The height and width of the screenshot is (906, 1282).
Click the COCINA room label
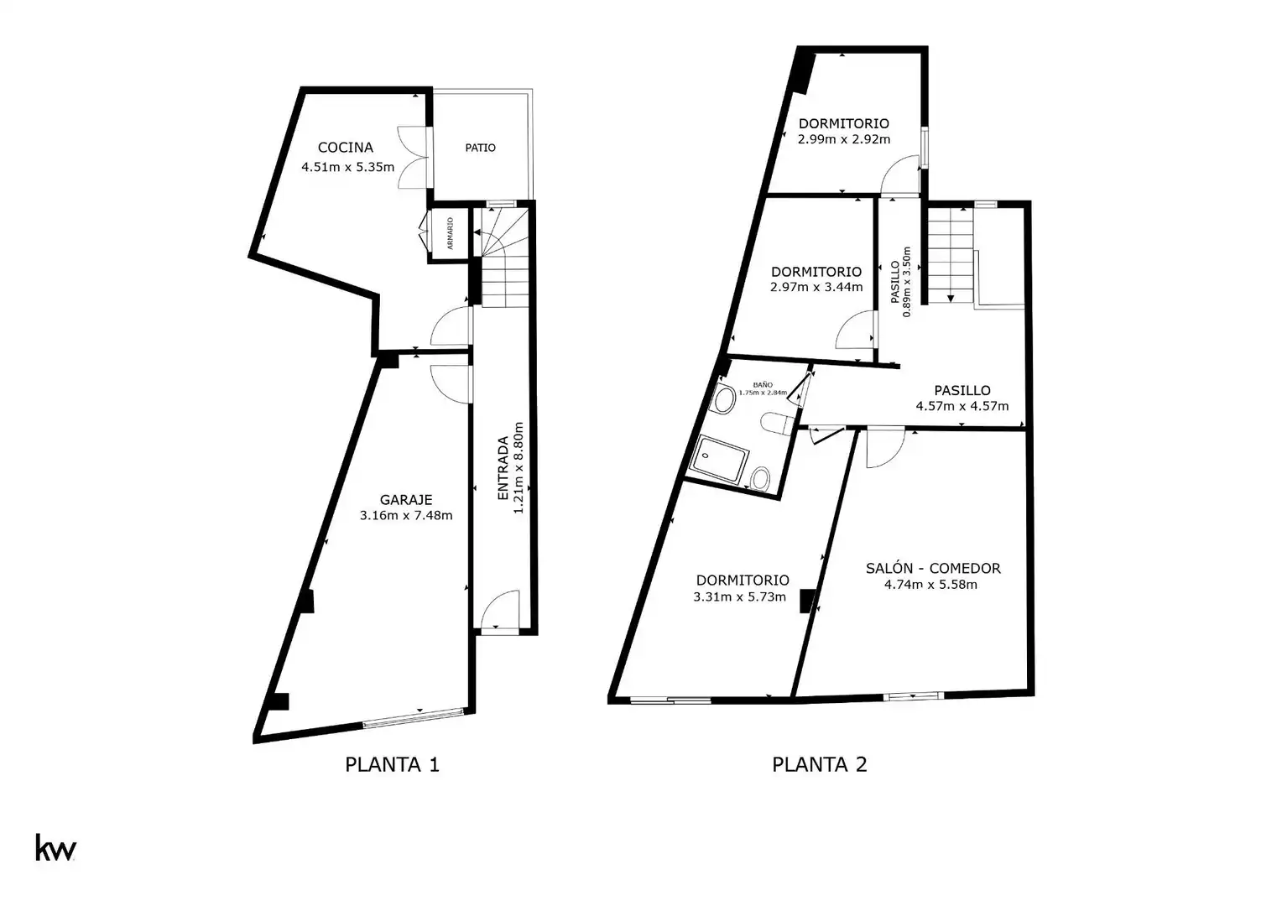[x=345, y=148]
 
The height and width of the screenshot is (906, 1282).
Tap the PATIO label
[x=480, y=148]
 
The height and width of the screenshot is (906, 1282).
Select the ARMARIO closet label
[x=450, y=233]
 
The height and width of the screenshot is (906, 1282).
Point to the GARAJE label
[x=406, y=500]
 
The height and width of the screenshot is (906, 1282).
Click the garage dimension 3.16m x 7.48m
[x=406, y=516]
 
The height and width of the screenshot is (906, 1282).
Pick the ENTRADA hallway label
[x=503, y=468]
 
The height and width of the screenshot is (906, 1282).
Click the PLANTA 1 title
[x=392, y=764]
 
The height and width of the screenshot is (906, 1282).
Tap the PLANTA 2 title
[x=820, y=764]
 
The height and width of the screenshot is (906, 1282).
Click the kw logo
[x=55, y=847]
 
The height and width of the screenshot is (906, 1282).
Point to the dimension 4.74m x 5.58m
[x=930, y=585]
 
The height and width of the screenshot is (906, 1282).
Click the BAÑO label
[x=763, y=384]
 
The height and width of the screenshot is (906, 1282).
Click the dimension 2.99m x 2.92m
[x=844, y=139]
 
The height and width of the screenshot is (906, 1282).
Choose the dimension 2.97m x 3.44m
[x=816, y=287]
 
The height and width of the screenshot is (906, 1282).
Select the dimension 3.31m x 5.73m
[x=739, y=597]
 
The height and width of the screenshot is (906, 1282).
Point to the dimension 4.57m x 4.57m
[x=962, y=406]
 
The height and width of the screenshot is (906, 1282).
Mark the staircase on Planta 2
[x=950, y=255]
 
